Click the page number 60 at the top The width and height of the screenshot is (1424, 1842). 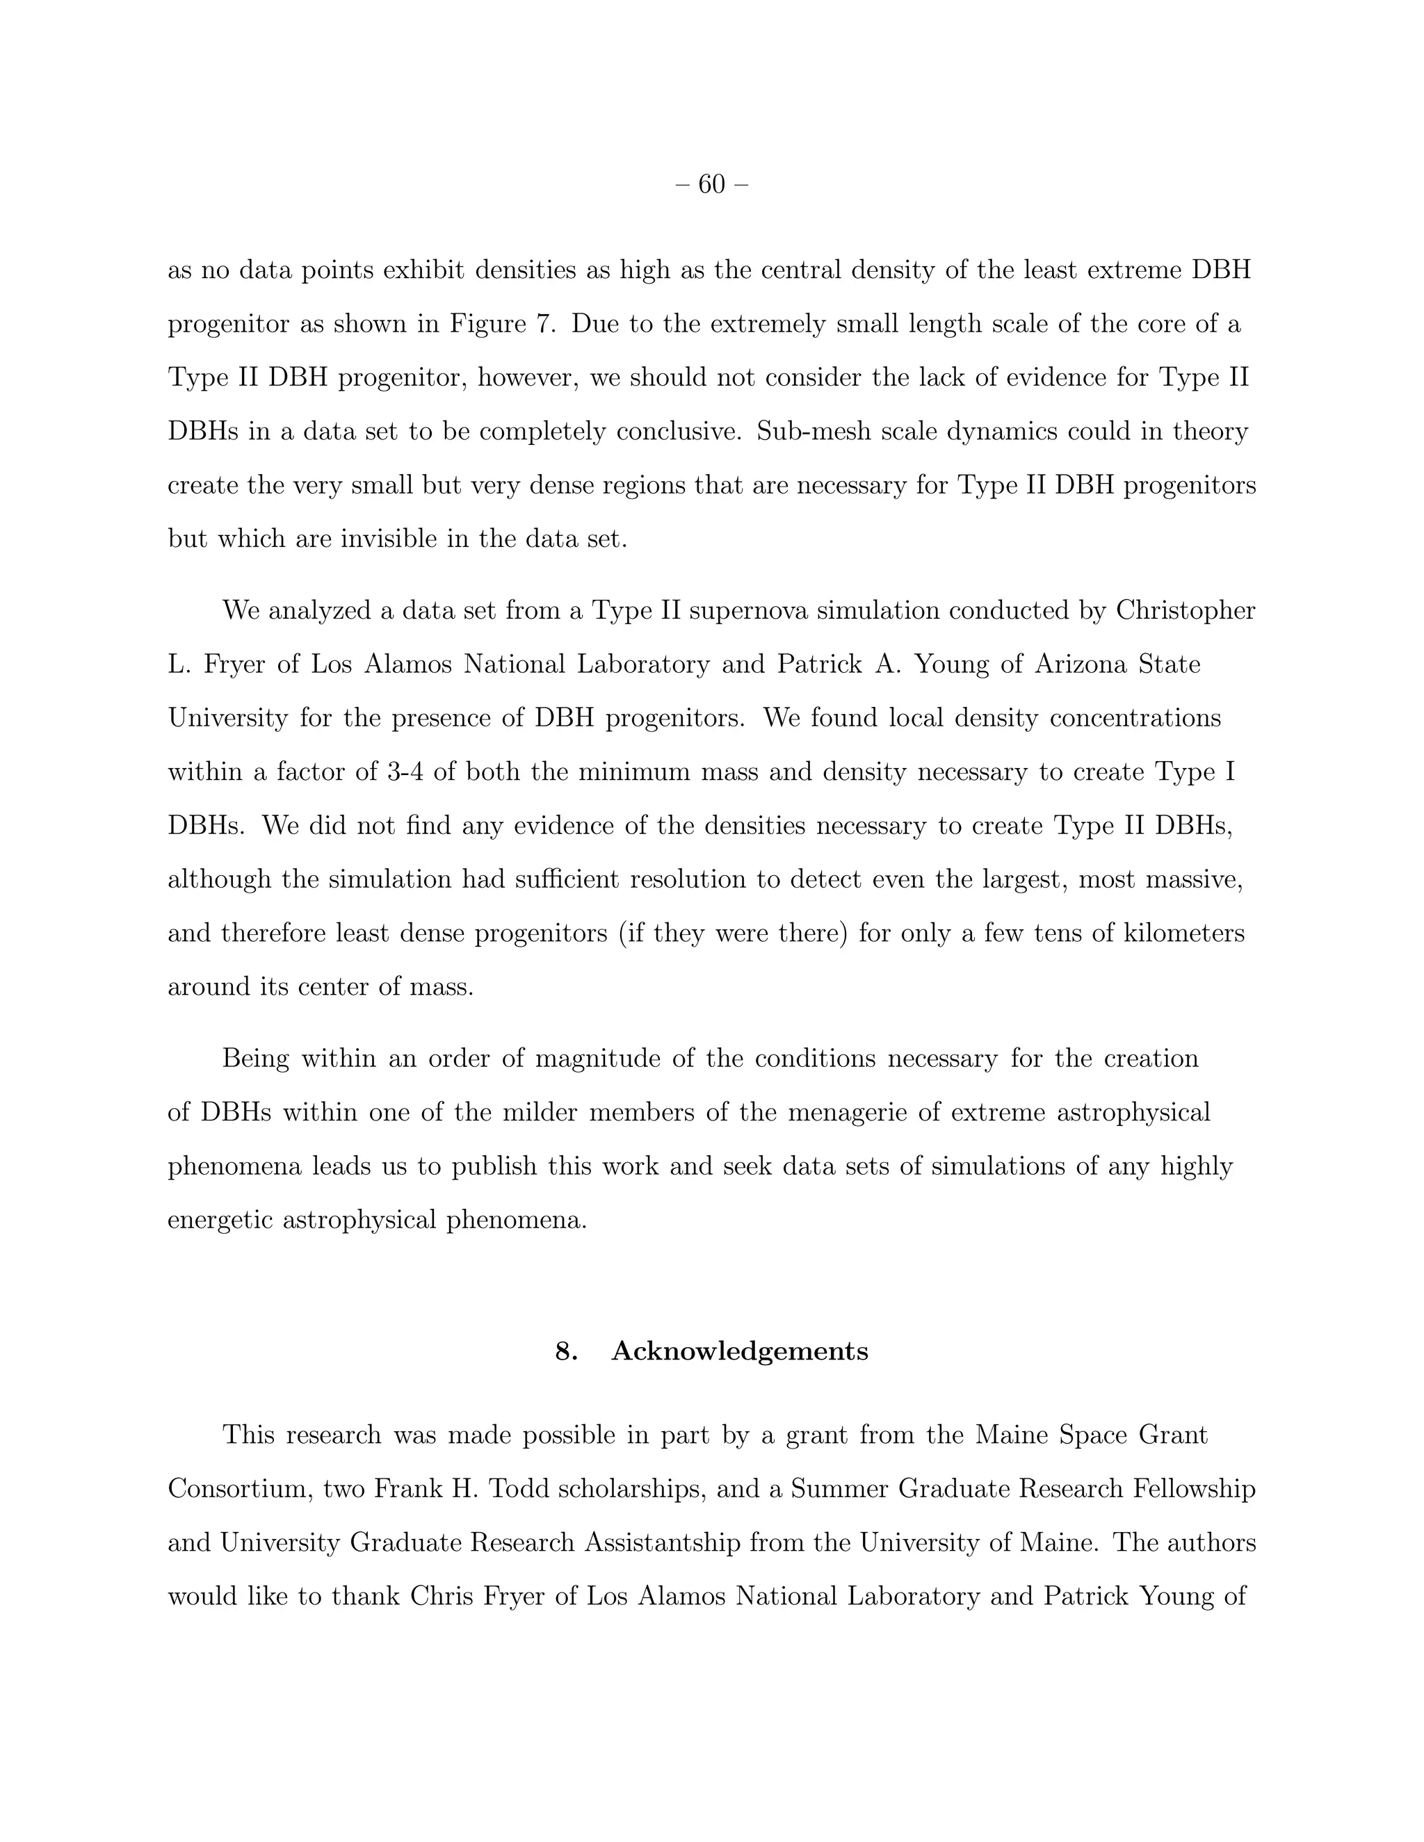[x=712, y=184]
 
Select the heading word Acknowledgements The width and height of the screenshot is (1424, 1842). [x=740, y=1351]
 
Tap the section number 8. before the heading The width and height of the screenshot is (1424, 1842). [x=566, y=1351]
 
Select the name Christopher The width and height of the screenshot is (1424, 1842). [x=1186, y=610]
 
